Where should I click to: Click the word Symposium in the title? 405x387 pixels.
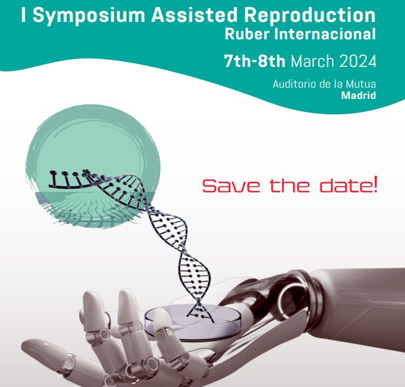pos(89,16)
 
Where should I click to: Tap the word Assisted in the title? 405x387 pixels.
pos(194,15)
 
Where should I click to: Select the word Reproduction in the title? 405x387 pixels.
pos(310,16)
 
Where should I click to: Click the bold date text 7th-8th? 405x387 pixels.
pos(255,61)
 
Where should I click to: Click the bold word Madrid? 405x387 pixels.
pos(358,96)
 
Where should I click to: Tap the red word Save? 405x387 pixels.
pos(231,186)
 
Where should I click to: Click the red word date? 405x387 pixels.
pos(348,184)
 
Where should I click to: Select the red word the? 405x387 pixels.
pos(290,185)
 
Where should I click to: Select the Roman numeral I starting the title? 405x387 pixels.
pos(24,15)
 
